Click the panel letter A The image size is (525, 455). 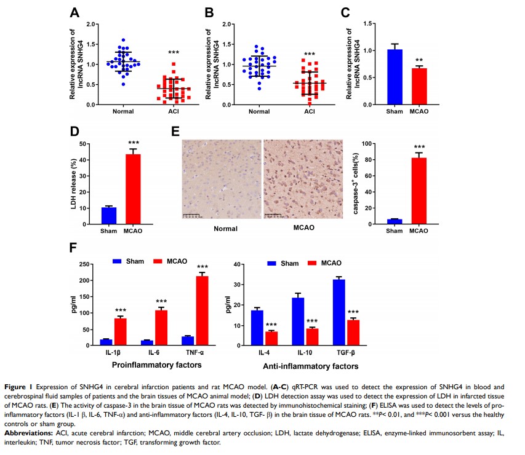coord(75,13)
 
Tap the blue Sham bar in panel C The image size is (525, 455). coord(395,77)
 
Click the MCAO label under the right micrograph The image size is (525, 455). coord(303,228)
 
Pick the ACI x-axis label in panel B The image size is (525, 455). coord(310,112)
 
